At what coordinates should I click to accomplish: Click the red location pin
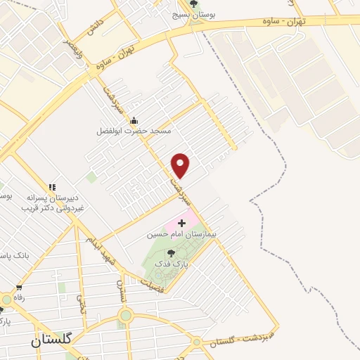(181, 165)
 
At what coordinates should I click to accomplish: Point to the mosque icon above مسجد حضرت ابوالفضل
(134, 120)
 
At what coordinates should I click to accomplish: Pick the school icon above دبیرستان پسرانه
(51, 187)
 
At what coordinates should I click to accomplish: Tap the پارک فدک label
(172, 263)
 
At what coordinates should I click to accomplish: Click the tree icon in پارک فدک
(172, 252)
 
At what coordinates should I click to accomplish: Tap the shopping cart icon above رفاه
(19, 288)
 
